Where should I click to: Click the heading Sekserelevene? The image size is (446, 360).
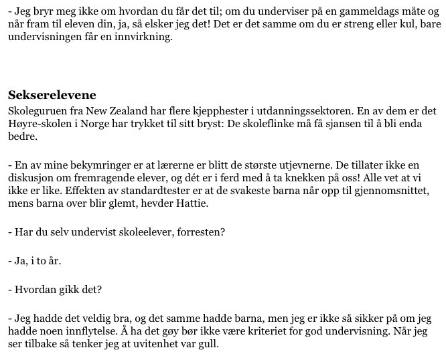pos(52,94)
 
